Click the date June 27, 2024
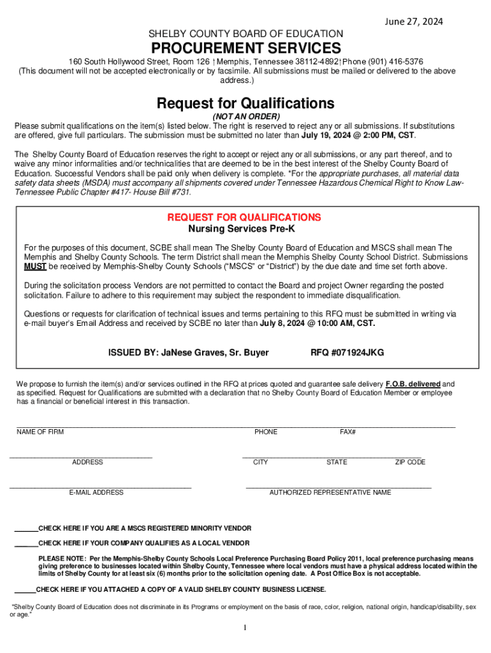pyautogui.click(x=413, y=22)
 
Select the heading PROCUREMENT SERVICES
pyautogui.click(x=246, y=48)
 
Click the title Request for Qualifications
pyautogui.click(x=246, y=103)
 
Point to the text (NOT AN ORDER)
pyautogui.click(x=246, y=117)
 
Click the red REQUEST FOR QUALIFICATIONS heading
pyautogui.click(x=244, y=217)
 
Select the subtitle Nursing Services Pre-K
pyautogui.click(x=246, y=229)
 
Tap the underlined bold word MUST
pyautogui.click(x=34, y=267)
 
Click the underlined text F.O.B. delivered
pyautogui.click(x=413, y=385)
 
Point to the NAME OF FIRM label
pyautogui.click(x=40, y=432)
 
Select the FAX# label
pyautogui.click(x=348, y=432)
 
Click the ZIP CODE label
pyautogui.click(x=410, y=462)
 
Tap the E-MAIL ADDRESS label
pyautogui.click(x=96, y=493)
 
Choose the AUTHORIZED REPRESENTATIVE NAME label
pyautogui.click(x=330, y=493)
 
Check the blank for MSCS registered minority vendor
pyautogui.click(x=26, y=529)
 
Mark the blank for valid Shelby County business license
pyautogui.click(x=25, y=590)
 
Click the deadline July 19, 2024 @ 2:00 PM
pyautogui.click(x=347, y=136)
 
